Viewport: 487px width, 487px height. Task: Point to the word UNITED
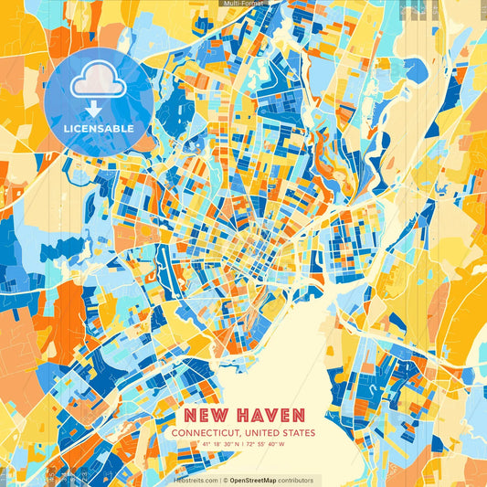point(263,432)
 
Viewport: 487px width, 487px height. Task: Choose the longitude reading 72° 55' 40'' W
point(266,444)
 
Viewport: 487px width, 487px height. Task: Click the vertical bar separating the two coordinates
point(241,444)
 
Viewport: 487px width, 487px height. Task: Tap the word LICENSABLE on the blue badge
point(98,129)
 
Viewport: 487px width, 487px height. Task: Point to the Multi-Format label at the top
point(243,4)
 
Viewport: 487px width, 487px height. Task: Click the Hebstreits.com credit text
point(196,480)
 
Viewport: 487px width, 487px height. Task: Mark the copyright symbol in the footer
point(224,480)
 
